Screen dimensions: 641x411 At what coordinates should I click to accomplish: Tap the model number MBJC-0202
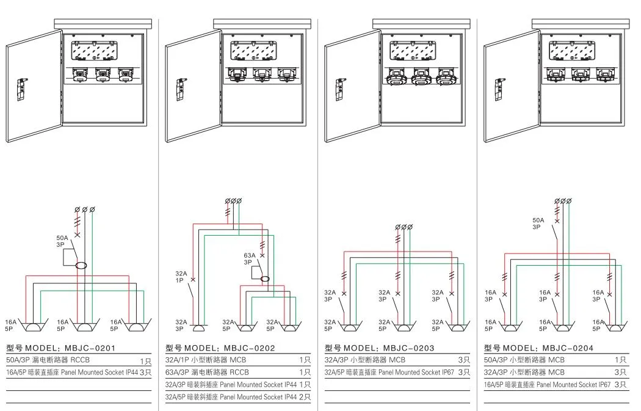click(249, 348)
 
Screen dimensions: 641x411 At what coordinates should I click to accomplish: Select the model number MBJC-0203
click(409, 348)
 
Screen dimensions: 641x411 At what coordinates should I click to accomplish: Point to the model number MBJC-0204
click(568, 348)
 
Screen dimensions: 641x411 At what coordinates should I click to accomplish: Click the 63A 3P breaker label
click(249, 259)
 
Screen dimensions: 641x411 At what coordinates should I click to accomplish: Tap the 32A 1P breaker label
click(181, 277)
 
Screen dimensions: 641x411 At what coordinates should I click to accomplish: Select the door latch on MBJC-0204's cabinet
click(499, 89)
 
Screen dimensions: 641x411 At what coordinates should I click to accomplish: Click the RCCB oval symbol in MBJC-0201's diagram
click(81, 266)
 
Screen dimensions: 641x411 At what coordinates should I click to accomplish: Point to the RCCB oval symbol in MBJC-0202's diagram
click(266, 279)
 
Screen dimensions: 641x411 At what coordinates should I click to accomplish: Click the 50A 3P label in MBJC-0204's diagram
click(538, 224)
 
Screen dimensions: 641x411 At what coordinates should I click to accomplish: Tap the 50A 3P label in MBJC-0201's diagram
click(62, 241)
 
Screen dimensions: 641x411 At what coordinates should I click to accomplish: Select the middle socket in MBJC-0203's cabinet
click(420, 76)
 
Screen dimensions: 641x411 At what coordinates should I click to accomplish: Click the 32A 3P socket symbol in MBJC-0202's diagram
click(199, 328)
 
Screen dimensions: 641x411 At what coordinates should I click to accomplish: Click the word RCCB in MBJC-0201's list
click(80, 360)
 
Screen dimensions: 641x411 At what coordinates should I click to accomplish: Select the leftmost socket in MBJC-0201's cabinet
click(79, 75)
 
